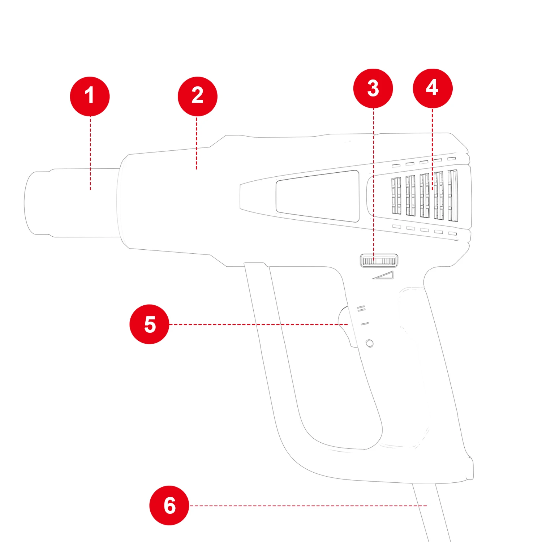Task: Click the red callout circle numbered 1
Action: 90,96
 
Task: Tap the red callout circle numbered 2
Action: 197,96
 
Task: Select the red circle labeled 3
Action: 373,88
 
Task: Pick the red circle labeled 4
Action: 433,88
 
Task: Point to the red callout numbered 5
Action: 149,324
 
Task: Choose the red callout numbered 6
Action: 169,505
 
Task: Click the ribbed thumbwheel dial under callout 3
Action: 379,261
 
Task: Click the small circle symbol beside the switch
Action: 369,343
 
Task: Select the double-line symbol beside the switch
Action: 361,309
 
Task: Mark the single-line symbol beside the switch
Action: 365,324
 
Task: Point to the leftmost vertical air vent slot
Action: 396,195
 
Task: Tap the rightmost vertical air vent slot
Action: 453,195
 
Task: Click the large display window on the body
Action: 317,196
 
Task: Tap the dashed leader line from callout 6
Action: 307,506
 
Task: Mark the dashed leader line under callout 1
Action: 90,152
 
